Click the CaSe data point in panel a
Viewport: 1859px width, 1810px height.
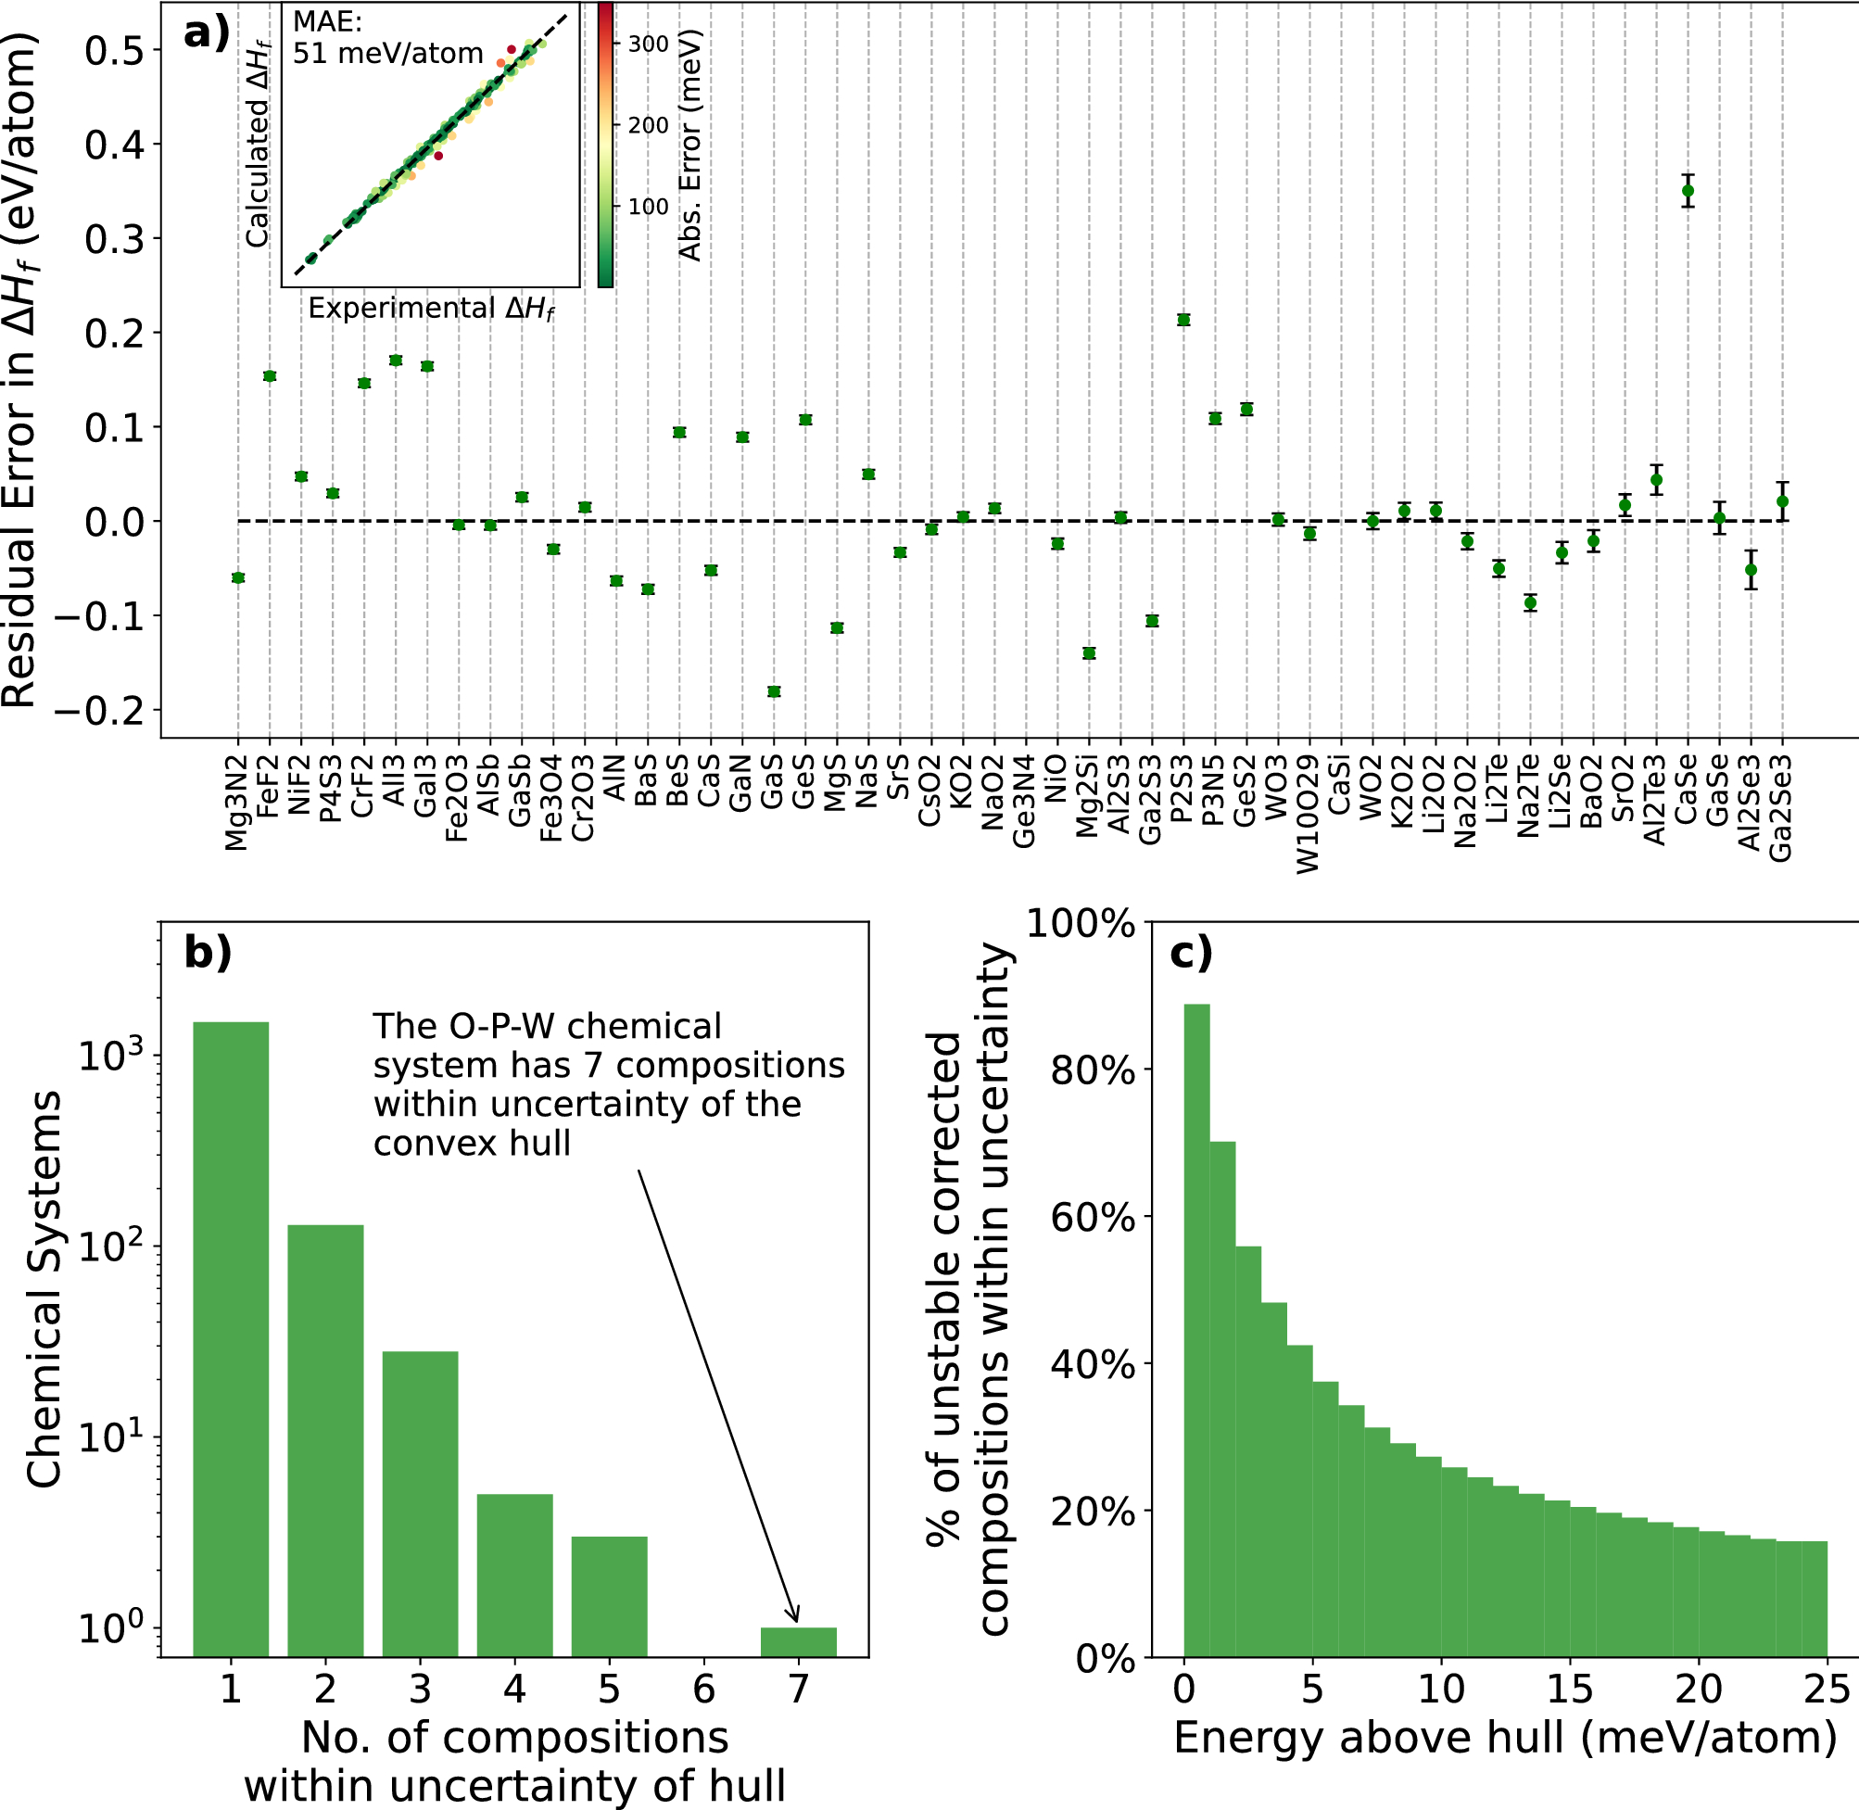tap(1687, 191)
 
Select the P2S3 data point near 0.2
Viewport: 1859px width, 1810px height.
tap(1183, 320)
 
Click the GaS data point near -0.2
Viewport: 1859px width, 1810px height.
tap(774, 691)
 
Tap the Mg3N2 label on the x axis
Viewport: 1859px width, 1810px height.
tap(236, 804)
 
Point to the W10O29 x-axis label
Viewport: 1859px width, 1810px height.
tap(1309, 814)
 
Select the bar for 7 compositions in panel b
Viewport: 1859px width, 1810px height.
tap(798, 1641)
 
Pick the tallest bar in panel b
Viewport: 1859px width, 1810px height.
tap(230, 1331)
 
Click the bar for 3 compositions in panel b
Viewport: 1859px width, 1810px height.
tap(419, 1502)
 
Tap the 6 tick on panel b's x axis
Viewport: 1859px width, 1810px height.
tap(703, 1689)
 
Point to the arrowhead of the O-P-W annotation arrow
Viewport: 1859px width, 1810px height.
tap(796, 1619)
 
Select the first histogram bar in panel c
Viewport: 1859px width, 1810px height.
tap(1195, 1331)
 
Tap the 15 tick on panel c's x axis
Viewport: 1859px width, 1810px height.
tap(1569, 1689)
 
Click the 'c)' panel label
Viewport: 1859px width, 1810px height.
tap(1191, 953)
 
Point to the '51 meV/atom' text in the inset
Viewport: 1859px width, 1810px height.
tap(387, 53)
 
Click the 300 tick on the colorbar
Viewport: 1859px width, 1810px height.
tap(648, 44)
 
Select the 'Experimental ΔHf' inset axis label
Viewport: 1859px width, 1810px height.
tap(431, 309)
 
